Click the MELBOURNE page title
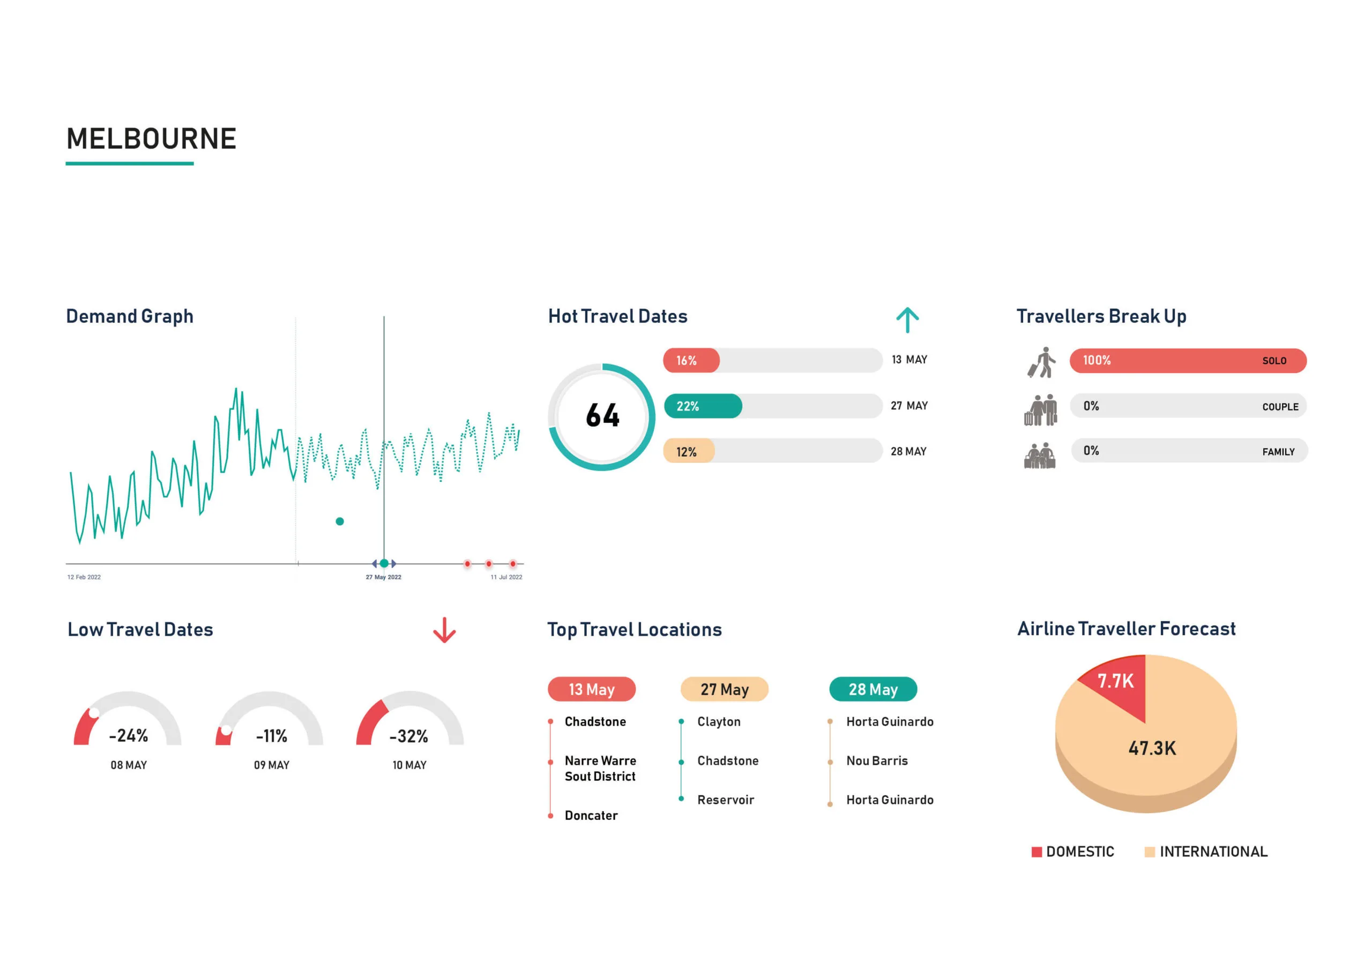click(x=151, y=139)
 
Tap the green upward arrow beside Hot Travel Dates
click(x=907, y=320)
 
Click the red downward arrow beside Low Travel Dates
click(x=444, y=631)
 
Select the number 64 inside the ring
click(x=602, y=416)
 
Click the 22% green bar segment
click(x=703, y=406)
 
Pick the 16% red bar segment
click(x=691, y=360)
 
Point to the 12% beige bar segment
click(x=688, y=451)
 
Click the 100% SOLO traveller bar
click(x=1187, y=360)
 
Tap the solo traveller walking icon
click(x=1041, y=362)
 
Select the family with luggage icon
click(x=1040, y=456)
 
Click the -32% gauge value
click(x=409, y=736)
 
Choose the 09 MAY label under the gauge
click(x=271, y=765)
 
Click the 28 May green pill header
click(x=873, y=689)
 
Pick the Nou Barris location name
click(x=877, y=761)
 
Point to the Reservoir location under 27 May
click(x=726, y=800)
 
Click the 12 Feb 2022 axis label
click(x=84, y=577)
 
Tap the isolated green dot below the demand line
click(x=339, y=521)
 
